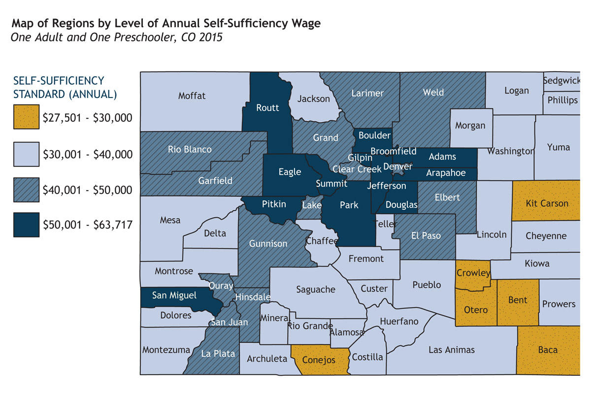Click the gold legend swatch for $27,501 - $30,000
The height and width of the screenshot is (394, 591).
26,118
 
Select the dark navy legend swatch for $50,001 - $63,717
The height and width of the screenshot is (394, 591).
26,226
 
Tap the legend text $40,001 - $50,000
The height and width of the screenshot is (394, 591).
88,190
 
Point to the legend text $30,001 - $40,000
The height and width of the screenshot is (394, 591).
88,155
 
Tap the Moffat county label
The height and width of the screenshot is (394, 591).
192,96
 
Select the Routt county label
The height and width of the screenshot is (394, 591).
267,108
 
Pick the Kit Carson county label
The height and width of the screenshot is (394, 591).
547,203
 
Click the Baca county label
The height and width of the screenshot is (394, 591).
548,350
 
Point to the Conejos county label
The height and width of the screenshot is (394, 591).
318,360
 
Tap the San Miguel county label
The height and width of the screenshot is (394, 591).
174,295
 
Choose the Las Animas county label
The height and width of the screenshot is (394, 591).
452,350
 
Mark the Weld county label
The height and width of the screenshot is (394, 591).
433,92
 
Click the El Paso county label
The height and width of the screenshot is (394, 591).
426,235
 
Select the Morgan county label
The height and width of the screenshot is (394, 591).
470,126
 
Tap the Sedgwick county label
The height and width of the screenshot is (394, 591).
561,81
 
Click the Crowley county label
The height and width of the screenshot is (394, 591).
473,273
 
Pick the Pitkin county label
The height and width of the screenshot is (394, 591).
274,203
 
